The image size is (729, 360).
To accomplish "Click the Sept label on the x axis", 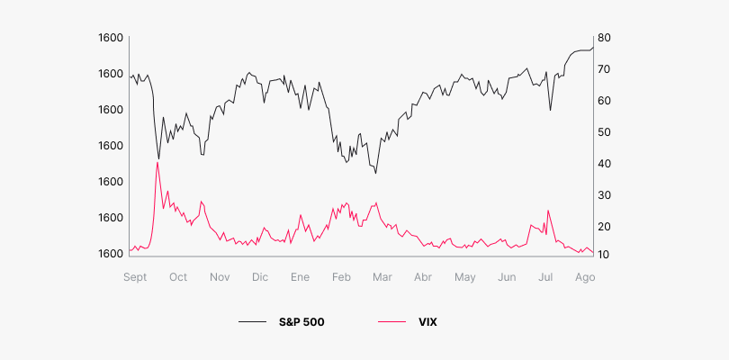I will pyautogui.click(x=135, y=277).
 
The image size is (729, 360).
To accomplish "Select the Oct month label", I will pyautogui.click(x=178, y=277).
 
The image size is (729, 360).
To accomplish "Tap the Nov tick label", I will pyautogui.click(x=220, y=277).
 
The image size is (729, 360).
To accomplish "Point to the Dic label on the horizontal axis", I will pyautogui.click(x=259, y=277).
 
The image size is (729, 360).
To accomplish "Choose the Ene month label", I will pyautogui.click(x=300, y=277).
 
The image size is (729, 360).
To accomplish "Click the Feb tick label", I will pyautogui.click(x=341, y=277).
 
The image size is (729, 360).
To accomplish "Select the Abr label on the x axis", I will pyautogui.click(x=423, y=277).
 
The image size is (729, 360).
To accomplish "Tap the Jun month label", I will pyautogui.click(x=507, y=277).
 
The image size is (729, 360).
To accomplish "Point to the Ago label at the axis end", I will pyautogui.click(x=584, y=277).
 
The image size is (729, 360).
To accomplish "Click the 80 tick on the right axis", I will pyautogui.click(x=605, y=38).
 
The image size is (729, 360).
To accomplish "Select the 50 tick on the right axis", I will pyautogui.click(x=605, y=132).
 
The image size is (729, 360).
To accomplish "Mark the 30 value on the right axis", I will pyautogui.click(x=605, y=195).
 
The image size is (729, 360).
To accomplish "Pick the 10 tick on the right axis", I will pyautogui.click(x=605, y=256).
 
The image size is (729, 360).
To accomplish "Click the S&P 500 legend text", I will pyautogui.click(x=301, y=321).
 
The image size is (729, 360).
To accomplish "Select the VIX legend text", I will pyautogui.click(x=427, y=321).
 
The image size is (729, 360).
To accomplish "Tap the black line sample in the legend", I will pyautogui.click(x=253, y=321).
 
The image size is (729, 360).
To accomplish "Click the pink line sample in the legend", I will pyautogui.click(x=391, y=321).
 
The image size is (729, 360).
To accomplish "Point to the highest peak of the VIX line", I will pyautogui.click(x=157, y=163).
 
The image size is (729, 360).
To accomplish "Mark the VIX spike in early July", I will pyautogui.click(x=547, y=211).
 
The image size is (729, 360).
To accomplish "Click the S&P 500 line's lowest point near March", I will pyautogui.click(x=375, y=173).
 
